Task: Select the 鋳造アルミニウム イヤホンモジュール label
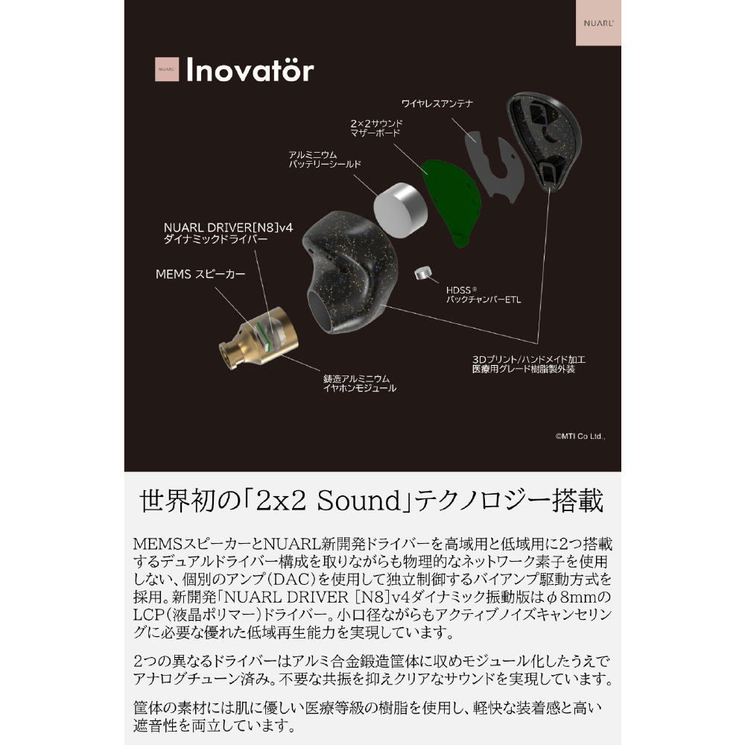pos(360,383)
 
